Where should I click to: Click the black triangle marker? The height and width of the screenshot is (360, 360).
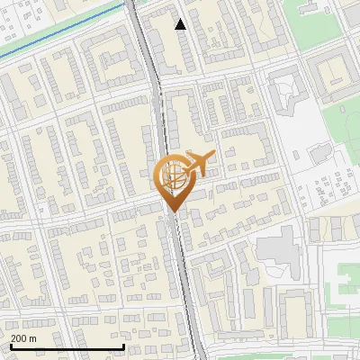[181, 24]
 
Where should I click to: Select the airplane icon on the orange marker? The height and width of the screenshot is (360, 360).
[199, 163]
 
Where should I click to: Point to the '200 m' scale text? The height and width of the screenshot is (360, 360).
[23, 337]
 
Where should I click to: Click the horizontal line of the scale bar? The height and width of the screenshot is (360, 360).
[67, 346]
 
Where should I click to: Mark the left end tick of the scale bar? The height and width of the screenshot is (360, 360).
[10, 345]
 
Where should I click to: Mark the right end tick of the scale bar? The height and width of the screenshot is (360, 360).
[123, 345]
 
